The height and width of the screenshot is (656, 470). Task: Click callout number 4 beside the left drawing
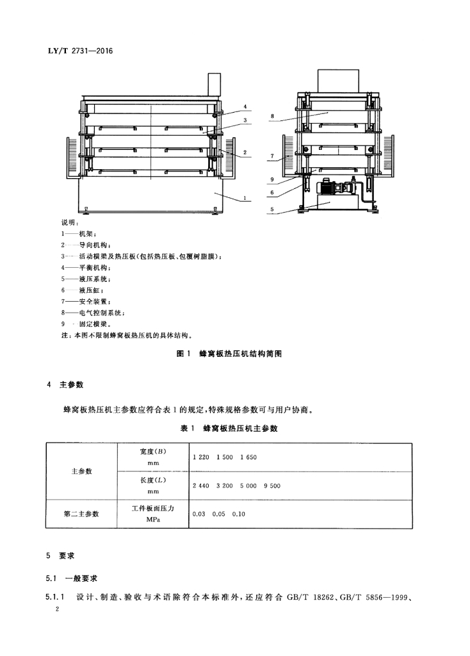[x=245, y=106]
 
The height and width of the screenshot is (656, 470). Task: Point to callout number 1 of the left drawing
[x=245, y=199]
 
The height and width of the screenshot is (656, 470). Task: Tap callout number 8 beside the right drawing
[x=271, y=117]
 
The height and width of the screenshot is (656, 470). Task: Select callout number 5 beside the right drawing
[x=271, y=209]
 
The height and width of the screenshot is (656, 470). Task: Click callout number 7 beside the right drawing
[x=271, y=156]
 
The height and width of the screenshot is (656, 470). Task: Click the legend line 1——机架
[x=77, y=234]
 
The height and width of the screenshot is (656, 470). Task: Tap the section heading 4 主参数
[x=70, y=386]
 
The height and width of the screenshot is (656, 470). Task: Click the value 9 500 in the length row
[x=271, y=486]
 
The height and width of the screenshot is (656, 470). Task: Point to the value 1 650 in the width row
[x=248, y=457]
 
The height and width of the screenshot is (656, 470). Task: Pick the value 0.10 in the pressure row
[x=238, y=514]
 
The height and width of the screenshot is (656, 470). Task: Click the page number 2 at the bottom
[x=58, y=611]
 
